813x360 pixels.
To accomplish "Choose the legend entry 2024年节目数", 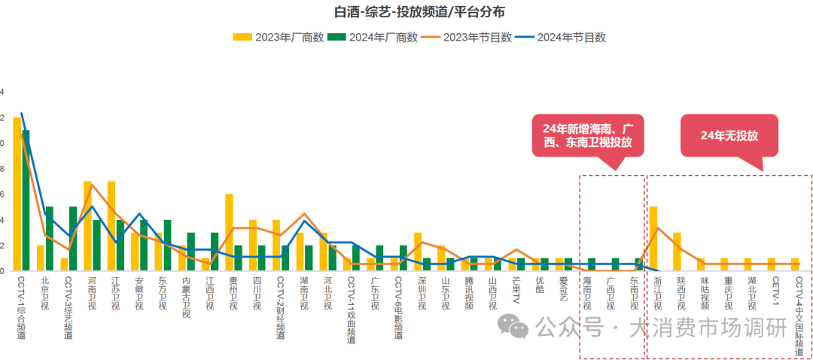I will [x=571, y=37].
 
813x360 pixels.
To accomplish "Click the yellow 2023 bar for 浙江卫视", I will [x=653, y=238].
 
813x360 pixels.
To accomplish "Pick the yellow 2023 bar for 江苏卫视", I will [x=111, y=225].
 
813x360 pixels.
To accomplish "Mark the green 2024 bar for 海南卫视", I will [x=592, y=264].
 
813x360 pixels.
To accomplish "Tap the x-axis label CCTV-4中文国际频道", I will [x=797, y=316].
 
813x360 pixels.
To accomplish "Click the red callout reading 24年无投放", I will [x=729, y=136].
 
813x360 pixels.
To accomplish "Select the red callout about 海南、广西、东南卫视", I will [x=589, y=136].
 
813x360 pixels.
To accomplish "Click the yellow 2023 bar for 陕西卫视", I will [x=677, y=251].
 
